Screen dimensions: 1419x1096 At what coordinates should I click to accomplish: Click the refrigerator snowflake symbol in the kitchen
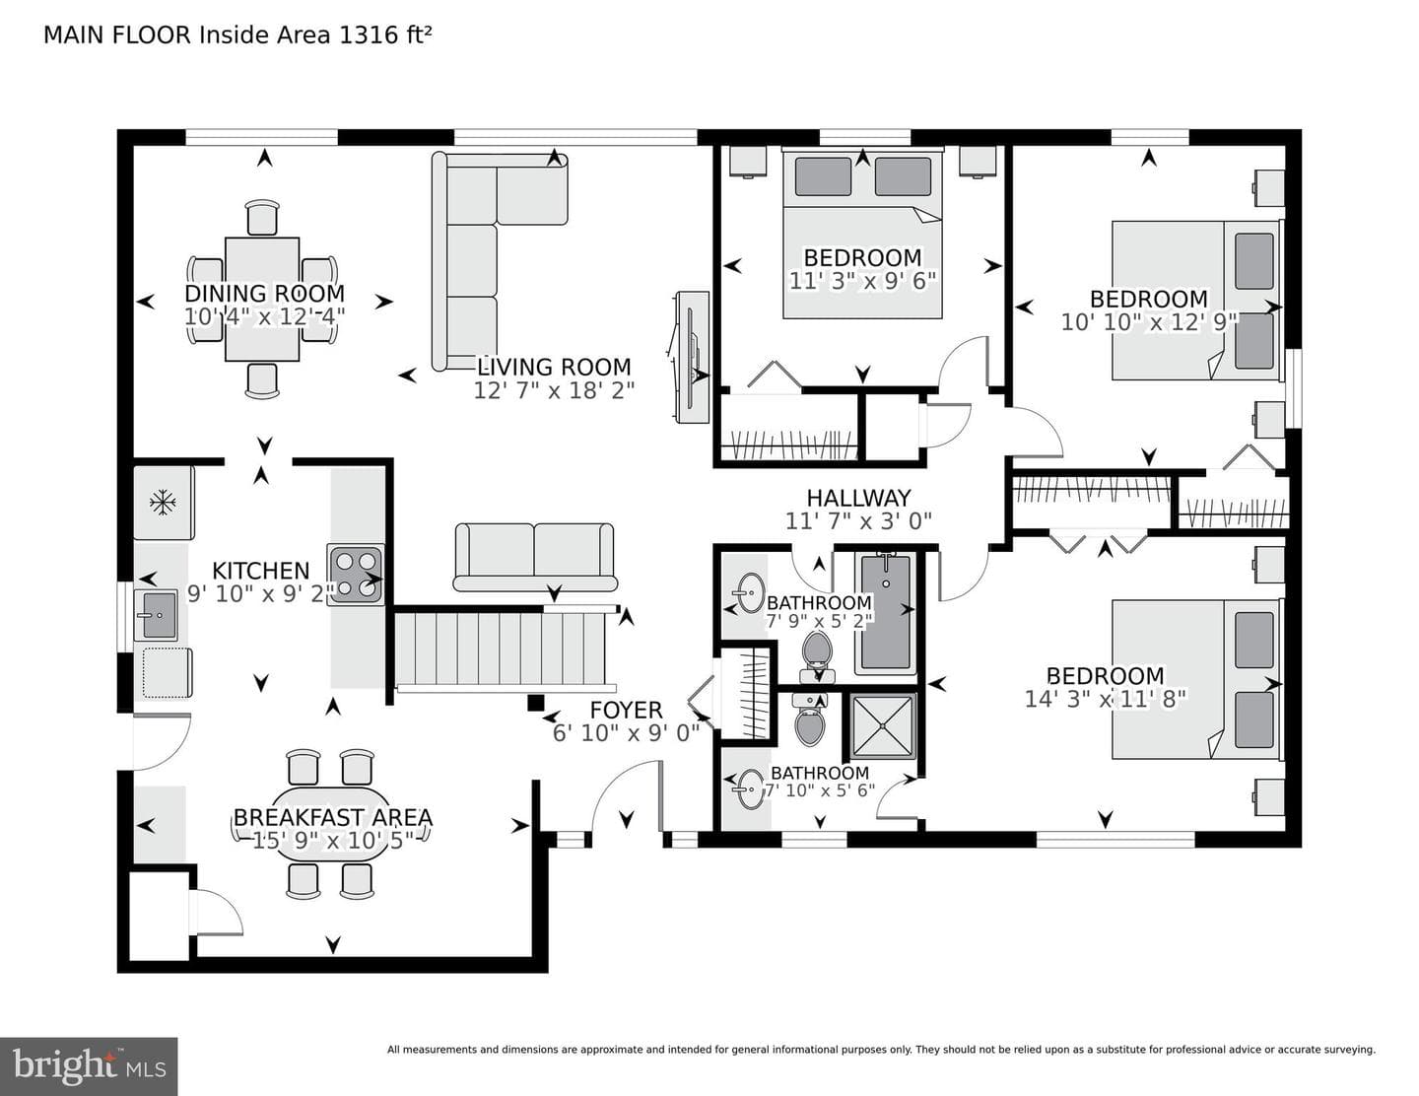[163, 503]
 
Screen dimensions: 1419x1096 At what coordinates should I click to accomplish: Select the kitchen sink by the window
[156, 615]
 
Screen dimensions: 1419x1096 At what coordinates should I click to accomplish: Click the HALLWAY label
[858, 499]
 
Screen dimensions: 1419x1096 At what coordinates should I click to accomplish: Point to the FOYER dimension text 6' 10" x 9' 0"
[626, 733]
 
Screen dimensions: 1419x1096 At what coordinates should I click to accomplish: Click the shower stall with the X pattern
[883, 726]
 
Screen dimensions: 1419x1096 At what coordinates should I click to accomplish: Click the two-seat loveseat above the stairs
[534, 557]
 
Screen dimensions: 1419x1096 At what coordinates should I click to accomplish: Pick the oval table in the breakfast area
[332, 824]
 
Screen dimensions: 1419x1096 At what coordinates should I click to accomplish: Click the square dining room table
[262, 300]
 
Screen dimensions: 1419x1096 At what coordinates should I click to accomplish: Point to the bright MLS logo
[89, 1066]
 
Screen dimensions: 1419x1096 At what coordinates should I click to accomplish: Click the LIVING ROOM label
[554, 367]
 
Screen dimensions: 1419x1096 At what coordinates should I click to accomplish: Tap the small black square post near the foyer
[535, 702]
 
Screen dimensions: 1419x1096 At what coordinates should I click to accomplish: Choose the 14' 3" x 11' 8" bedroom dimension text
[1105, 700]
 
